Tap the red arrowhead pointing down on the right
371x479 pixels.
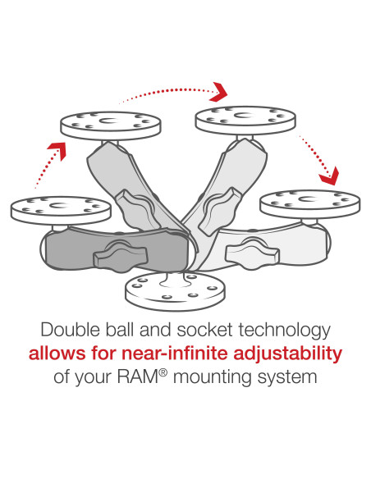click(330, 175)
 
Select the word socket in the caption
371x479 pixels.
click(213, 331)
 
